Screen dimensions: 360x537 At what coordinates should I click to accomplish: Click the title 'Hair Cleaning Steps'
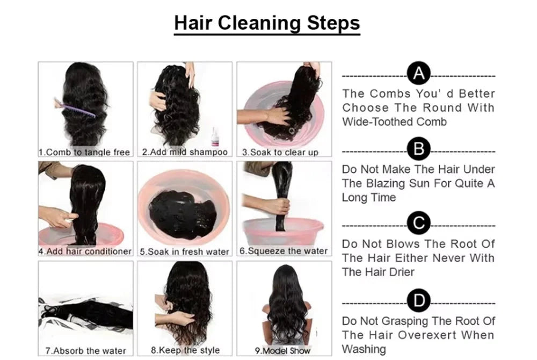pyautogui.click(x=267, y=23)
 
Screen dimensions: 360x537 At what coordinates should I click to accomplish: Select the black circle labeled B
pyautogui.click(x=419, y=149)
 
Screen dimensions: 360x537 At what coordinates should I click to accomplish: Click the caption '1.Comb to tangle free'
pyautogui.click(x=84, y=152)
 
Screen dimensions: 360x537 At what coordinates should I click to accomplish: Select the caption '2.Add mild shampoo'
pyautogui.click(x=184, y=152)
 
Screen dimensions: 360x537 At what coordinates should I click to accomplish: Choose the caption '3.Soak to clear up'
pyautogui.click(x=280, y=152)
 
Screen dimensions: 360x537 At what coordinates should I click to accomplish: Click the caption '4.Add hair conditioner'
pyautogui.click(x=85, y=251)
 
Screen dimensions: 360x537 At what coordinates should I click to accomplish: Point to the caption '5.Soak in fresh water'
pyautogui.click(x=184, y=251)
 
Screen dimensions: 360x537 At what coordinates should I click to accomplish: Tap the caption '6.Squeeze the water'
pyautogui.click(x=283, y=250)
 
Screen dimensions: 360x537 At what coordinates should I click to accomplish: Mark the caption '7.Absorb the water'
pyautogui.click(x=85, y=351)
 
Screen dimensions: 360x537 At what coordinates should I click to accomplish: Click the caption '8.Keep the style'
pyautogui.click(x=185, y=351)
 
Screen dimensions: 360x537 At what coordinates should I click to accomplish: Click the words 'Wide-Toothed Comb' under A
pyautogui.click(x=394, y=122)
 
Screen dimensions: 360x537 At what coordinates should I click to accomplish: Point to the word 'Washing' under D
pyautogui.click(x=364, y=349)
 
